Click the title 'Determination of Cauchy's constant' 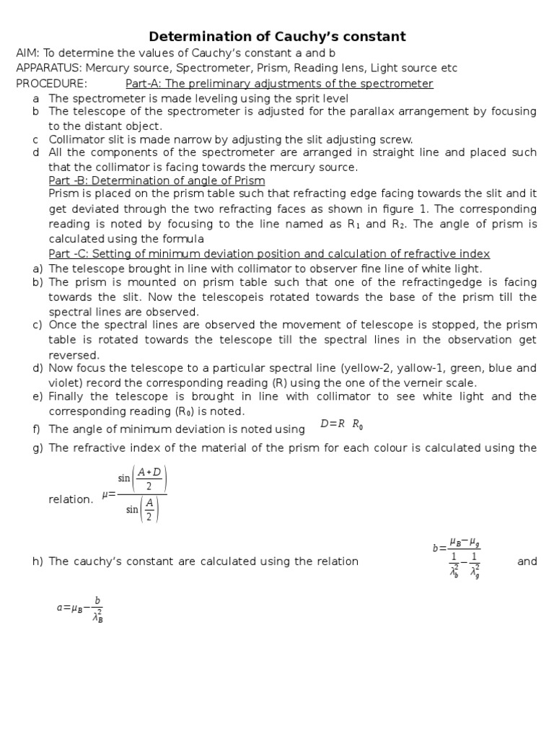(x=277, y=36)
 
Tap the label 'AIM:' (x=29, y=53)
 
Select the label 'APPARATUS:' (x=48, y=68)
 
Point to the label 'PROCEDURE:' (x=51, y=83)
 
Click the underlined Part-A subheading (x=279, y=83)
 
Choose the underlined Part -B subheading (x=157, y=180)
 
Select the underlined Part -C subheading (x=269, y=254)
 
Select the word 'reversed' (x=74, y=354)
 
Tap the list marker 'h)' (x=38, y=561)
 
